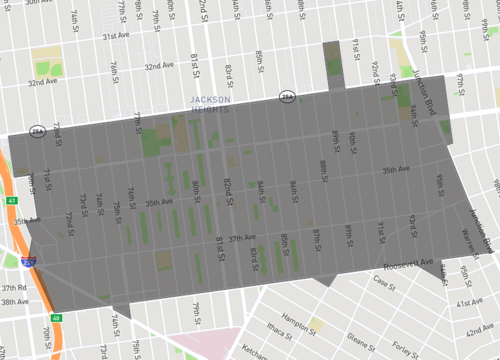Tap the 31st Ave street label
pos(119,36)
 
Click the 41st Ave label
pos(469,302)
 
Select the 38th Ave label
pos(14,302)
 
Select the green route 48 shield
pos(56,319)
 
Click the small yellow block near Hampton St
pos(317,324)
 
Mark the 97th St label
pos(461,80)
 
